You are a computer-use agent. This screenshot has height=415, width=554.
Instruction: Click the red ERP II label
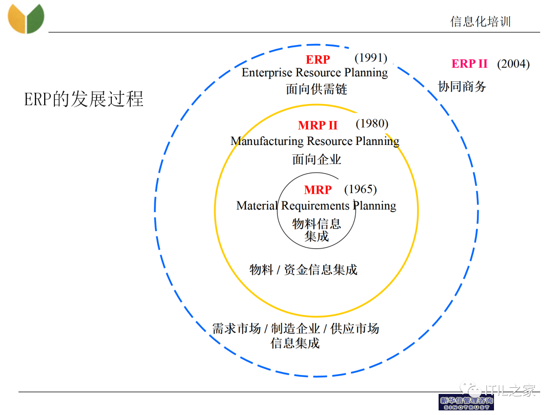tap(469, 64)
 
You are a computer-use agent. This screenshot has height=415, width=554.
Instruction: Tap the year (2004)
tap(513, 64)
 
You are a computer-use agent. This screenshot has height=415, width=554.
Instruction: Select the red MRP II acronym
tap(318, 126)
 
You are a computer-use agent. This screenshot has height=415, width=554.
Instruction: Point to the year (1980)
tap(372, 123)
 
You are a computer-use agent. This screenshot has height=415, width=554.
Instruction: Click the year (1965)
tap(360, 189)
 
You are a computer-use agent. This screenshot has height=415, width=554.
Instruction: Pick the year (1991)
tap(371, 58)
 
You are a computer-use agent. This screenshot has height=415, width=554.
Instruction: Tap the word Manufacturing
tap(267, 141)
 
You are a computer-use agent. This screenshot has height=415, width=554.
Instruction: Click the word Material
tap(256, 206)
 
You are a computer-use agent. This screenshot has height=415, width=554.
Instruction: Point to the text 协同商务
tap(462, 86)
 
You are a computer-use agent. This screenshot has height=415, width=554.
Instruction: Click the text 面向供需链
tap(316, 89)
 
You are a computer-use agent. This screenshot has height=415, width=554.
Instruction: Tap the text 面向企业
tap(316, 159)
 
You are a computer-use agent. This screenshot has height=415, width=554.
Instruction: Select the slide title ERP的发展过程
tap(84, 99)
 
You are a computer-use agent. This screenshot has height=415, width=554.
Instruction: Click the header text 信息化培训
tap(480, 22)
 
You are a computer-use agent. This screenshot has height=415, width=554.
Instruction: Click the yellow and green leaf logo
tap(26, 18)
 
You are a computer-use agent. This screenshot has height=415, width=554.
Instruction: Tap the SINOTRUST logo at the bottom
tap(466, 402)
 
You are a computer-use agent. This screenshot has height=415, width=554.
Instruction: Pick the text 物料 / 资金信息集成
tap(303, 269)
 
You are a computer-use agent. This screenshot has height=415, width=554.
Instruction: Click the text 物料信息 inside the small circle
tap(316, 223)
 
